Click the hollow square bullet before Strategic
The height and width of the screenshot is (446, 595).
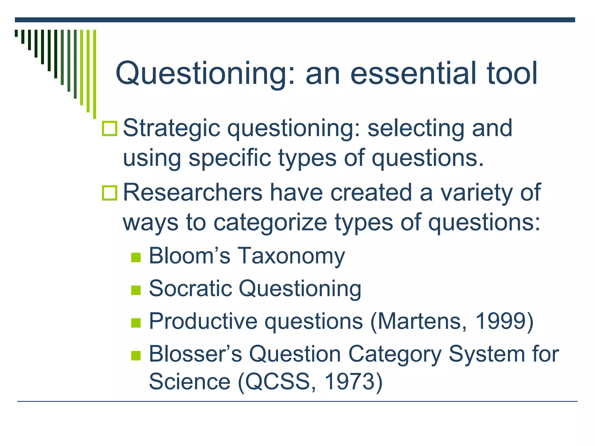110,129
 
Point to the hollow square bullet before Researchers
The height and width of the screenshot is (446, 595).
110,193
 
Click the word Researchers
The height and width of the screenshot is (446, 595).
192,193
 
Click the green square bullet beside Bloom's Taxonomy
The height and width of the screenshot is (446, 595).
136,257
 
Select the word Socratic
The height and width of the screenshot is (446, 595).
190,289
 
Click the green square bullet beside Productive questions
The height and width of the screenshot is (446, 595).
136,323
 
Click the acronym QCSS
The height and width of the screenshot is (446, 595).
277,382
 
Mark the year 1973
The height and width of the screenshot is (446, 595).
349,382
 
